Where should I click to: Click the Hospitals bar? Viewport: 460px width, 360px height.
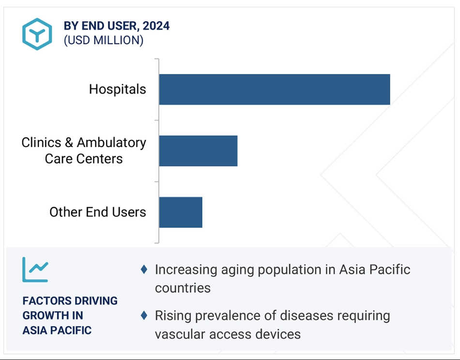coord(275,90)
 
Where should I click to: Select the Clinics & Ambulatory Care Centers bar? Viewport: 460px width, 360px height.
coord(199,150)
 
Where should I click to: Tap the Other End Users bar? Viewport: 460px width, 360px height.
coord(181,212)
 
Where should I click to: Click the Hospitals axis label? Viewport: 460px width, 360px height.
coord(117,90)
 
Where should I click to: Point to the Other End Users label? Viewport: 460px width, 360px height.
coord(98,212)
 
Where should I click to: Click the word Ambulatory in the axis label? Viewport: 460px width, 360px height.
coord(111,143)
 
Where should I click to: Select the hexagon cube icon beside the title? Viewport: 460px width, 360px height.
coord(37,34)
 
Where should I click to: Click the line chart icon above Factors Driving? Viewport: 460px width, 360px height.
coord(35,270)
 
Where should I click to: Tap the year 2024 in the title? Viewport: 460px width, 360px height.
coord(156,26)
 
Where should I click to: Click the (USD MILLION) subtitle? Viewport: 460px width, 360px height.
coord(104,40)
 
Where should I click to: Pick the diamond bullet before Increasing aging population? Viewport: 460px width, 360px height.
coord(144,270)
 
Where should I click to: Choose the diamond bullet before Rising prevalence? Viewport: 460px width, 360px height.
coord(144,315)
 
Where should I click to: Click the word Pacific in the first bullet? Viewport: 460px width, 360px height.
coord(390,270)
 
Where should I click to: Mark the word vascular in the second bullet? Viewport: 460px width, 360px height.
coord(180,334)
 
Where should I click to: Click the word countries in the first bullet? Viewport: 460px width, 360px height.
coord(183,288)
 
